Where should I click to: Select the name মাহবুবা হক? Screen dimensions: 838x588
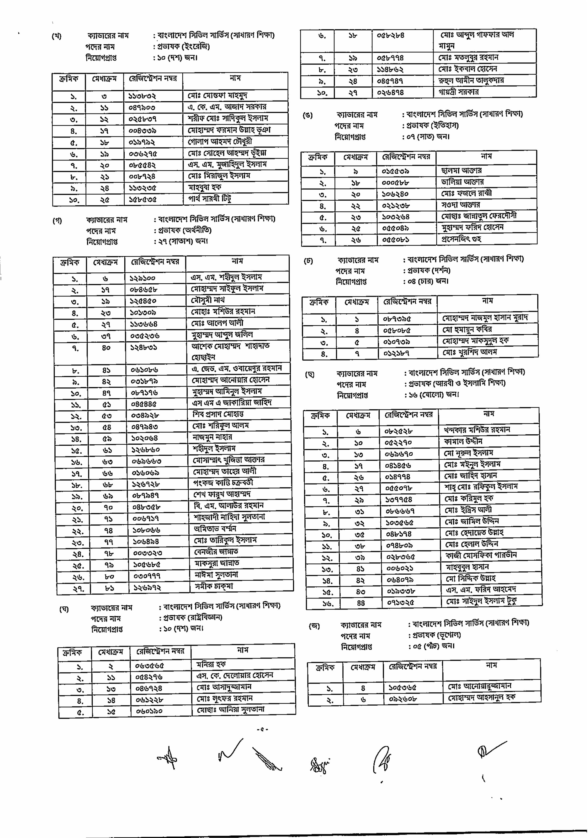pos(205,187)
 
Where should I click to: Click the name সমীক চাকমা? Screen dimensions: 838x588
pos(214,586)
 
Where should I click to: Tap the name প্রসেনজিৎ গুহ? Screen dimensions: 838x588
pos(461,239)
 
